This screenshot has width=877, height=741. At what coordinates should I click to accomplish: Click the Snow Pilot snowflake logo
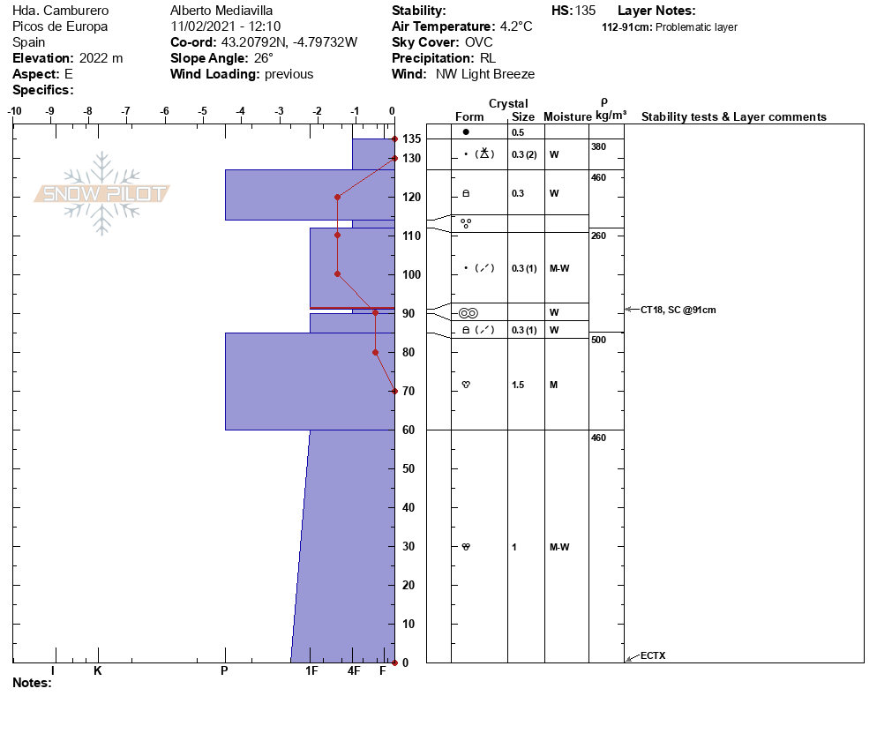[x=101, y=193]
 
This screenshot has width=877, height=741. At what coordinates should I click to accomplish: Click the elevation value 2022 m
[x=101, y=58]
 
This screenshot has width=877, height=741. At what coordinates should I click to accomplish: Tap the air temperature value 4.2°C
[x=515, y=26]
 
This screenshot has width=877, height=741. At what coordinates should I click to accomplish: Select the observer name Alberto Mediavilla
[x=221, y=11]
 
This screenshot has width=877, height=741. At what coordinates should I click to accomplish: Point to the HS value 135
[x=585, y=11]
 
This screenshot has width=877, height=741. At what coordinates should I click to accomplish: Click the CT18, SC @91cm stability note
[x=678, y=310]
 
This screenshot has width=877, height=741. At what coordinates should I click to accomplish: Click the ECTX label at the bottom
[x=653, y=655]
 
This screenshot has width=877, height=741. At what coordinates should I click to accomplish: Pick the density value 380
[x=598, y=146]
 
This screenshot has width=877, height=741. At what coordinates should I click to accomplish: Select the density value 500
[x=598, y=340]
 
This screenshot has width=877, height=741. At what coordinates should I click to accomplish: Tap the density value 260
[x=598, y=236]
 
